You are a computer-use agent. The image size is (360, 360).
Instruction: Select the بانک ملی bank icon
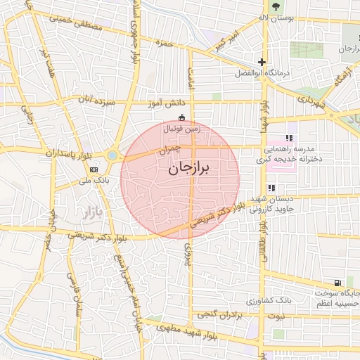click(x=94, y=169)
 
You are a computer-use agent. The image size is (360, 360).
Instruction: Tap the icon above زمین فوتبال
click(x=183, y=117)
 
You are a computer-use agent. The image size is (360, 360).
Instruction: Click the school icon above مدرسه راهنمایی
click(x=288, y=139)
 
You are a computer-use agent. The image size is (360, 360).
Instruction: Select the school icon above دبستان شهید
click(x=271, y=188)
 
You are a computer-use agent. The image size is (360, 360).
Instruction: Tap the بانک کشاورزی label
click(x=269, y=300)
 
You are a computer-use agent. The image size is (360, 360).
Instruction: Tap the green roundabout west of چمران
click(x=112, y=155)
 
